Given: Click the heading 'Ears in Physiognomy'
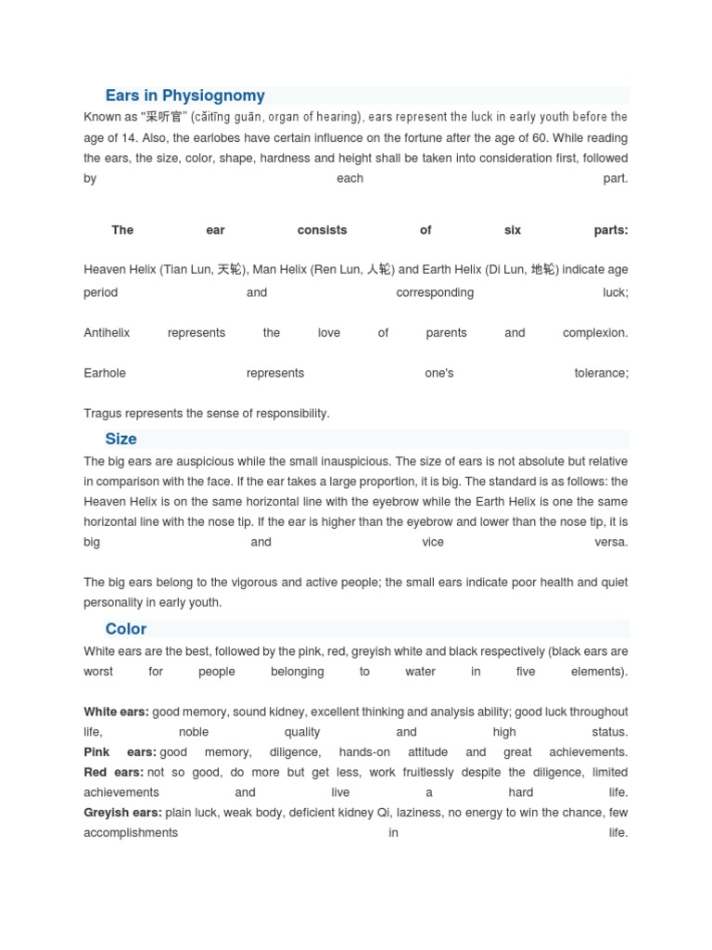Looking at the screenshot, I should point(184,96).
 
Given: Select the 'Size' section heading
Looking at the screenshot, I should point(121,439).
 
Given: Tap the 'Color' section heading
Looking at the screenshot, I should point(125,629).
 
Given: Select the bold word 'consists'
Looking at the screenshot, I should point(322,230).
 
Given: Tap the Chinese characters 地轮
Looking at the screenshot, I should point(544,270).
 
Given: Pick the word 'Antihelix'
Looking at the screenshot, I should point(107,333).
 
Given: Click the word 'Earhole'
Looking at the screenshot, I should point(105,373).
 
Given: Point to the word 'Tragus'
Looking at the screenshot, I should point(101,414).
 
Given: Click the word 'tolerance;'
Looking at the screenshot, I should point(601,373).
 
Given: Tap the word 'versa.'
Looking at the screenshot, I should point(611,542).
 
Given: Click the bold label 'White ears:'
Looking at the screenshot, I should point(116,712).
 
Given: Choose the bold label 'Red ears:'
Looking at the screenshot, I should point(113,772).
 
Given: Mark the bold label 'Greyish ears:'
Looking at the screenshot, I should point(122,813).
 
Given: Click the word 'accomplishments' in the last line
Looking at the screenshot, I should point(131,833).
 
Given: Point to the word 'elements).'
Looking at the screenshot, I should point(599,672).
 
